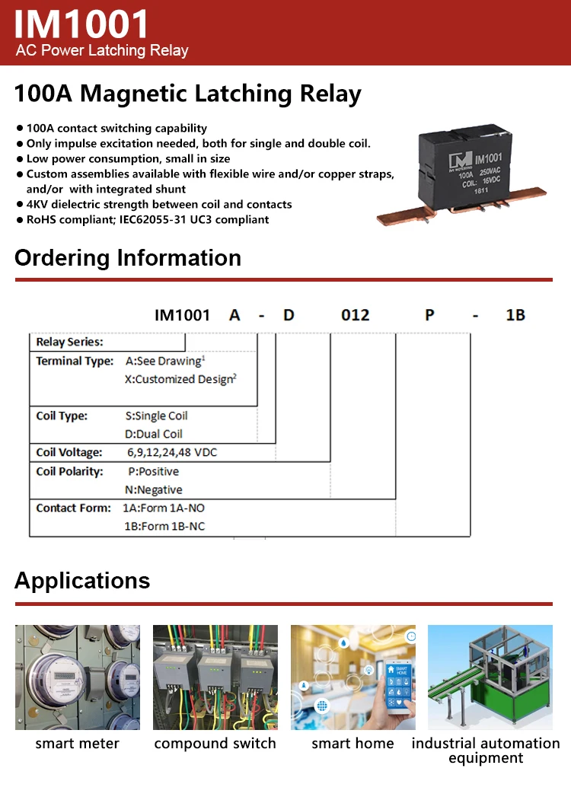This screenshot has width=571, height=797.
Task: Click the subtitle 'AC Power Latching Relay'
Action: (x=102, y=51)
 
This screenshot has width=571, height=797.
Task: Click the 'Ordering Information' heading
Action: (x=128, y=258)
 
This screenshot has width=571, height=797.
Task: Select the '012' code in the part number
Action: (x=355, y=315)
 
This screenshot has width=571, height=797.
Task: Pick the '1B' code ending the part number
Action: (x=515, y=315)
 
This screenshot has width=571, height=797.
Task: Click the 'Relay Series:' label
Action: (x=69, y=342)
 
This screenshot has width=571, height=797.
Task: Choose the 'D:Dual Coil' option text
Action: (x=154, y=434)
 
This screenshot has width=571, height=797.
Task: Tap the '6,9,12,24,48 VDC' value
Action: (x=172, y=452)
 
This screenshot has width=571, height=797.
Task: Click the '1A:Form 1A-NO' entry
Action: (x=164, y=508)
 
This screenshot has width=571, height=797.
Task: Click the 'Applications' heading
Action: (x=82, y=581)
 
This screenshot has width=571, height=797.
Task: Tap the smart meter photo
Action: (x=77, y=677)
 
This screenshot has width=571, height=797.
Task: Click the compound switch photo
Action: (x=215, y=677)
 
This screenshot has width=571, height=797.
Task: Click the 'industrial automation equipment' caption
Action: (x=486, y=751)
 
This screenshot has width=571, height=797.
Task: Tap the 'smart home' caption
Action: (x=352, y=744)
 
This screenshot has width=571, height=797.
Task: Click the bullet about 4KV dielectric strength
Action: (x=159, y=204)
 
